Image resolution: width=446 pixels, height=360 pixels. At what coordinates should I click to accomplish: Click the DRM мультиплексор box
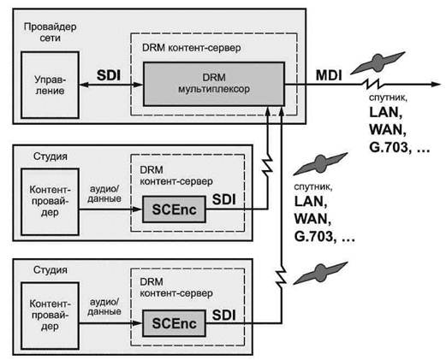(x=214, y=84)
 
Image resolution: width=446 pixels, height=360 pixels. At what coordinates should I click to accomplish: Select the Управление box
(x=50, y=85)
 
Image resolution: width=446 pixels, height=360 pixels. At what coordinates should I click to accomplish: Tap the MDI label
(x=329, y=75)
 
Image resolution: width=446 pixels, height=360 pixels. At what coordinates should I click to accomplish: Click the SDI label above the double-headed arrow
(x=109, y=75)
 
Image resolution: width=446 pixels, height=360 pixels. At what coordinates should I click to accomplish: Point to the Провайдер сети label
(x=50, y=32)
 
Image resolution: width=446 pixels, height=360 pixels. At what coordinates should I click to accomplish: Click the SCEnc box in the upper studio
(x=174, y=210)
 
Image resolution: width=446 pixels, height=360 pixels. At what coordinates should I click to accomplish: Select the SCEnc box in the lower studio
(x=174, y=323)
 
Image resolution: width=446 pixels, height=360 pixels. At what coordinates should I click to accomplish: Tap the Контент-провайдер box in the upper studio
(x=50, y=202)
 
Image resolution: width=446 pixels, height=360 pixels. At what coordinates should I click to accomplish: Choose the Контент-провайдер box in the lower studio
(x=50, y=316)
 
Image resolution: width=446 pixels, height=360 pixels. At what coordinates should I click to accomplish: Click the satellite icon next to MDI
(x=378, y=62)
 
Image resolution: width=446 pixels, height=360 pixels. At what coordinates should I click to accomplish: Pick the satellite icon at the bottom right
(x=320, y=273)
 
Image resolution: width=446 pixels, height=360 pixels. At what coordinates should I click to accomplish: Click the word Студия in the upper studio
(x=51, y=156)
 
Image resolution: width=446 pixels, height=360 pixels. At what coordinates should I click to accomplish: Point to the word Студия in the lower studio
(x=51, y=269)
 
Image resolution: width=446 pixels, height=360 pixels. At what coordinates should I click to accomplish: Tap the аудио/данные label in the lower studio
(x=104, y=306)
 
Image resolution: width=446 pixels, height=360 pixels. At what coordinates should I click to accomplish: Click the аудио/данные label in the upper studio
(x=104, y=193)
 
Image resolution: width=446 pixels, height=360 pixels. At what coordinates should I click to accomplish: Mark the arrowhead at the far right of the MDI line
(x=436, y=84)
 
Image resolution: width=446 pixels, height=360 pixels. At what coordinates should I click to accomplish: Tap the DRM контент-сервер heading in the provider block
(x=191, y=48)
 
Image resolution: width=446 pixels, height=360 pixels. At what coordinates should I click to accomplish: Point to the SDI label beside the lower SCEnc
(x=224, y=316)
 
